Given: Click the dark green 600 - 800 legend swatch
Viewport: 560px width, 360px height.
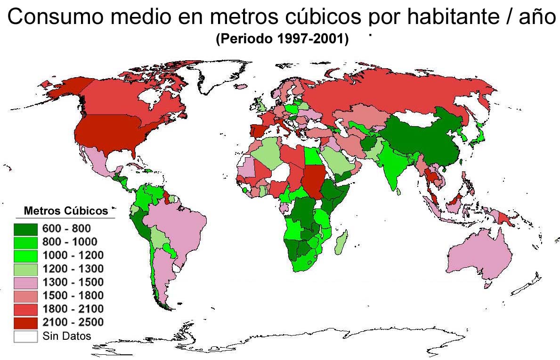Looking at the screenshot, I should click(x=26, y=229).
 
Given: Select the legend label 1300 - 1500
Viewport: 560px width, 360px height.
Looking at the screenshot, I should click(x=73, y=282).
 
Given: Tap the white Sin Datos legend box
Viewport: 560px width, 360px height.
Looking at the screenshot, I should click(x=26, y=336).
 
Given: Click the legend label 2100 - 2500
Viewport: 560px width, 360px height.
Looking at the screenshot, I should click(x=73, y=322).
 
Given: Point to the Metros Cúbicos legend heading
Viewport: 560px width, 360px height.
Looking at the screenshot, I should click(x=66, y=210).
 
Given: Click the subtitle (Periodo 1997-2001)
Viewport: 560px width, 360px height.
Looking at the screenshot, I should click(x=282, y=40).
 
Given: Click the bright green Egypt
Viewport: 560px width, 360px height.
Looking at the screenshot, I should click(x=312, y=155).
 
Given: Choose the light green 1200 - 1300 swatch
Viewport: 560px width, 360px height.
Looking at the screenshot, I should click(x=26, y=269).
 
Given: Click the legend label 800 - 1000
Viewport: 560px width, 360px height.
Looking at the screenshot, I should click(x=70, y=242).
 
